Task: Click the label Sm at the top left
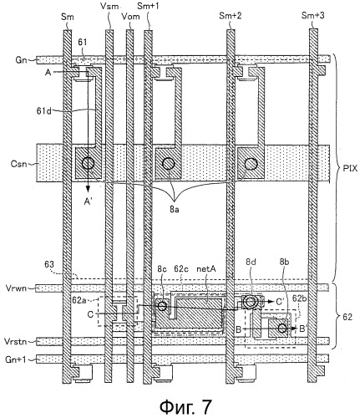point(68,17)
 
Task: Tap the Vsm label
point(109,6)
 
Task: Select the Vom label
point(130,17)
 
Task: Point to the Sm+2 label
point(230,16)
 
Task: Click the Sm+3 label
point(312,16)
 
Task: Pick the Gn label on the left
point(21,60)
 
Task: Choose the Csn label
point(19,164)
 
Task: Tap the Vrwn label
point(16,288)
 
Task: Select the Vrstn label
point(16,341)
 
